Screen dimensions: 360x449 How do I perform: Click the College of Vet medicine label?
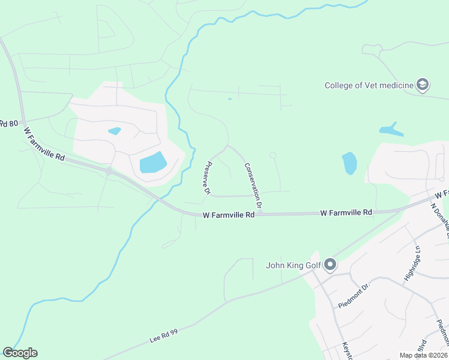(369, 85)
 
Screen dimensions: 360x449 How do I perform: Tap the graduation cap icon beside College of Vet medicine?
(423, 85)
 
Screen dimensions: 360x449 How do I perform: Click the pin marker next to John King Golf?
(330, 264)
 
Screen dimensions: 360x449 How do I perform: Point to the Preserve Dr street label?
(206, 178)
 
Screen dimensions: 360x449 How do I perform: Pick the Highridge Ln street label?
(412, 263)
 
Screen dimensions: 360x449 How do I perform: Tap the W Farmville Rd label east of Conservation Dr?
(346, 212)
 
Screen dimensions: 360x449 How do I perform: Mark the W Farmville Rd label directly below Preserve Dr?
(229, 214)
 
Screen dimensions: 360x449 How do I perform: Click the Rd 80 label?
(8, 124)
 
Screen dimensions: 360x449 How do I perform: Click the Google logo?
(20, 353)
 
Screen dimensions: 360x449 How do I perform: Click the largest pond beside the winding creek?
(153, 163)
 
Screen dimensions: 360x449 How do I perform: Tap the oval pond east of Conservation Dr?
(349, 163)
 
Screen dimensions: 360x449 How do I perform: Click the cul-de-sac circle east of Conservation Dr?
(273, 155)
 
